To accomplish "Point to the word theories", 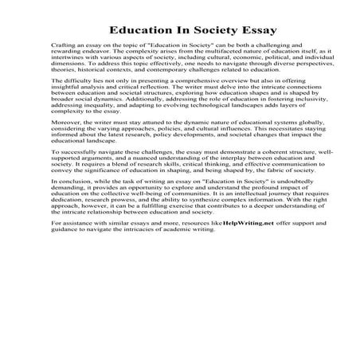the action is [x=62, y=72].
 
